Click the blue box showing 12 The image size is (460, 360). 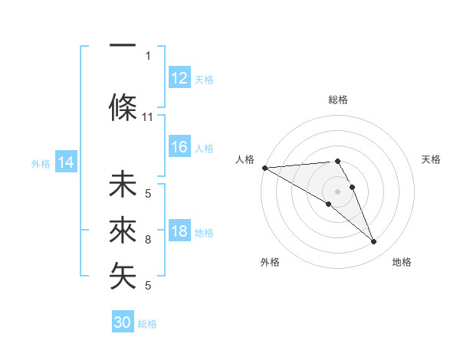179,78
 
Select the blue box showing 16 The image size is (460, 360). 179,148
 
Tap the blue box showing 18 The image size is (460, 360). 179,232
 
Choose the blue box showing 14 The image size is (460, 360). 66,162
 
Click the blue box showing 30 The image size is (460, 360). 123,322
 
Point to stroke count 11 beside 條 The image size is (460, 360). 148,117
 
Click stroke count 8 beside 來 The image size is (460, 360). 148,240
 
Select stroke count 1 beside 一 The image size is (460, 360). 148,55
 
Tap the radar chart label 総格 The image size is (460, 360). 338,100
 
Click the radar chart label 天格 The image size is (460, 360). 432,159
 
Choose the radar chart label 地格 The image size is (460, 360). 402,262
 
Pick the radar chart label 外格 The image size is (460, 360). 270,262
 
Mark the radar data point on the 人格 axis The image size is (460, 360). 264,168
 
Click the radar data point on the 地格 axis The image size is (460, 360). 374,242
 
